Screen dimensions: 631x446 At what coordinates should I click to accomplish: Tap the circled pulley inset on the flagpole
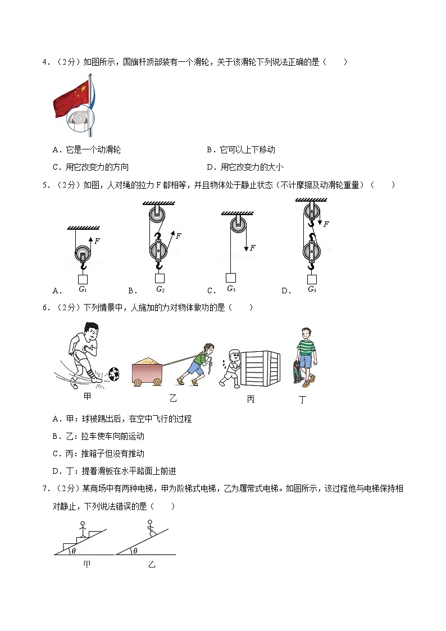coord(81,120)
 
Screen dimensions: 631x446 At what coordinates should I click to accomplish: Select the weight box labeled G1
coord(83,279)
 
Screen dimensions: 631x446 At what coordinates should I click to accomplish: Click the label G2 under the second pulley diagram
coord(160,289)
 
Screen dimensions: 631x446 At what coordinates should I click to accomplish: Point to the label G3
coord(231,289)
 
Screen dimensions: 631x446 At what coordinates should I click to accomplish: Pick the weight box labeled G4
coord(312,279)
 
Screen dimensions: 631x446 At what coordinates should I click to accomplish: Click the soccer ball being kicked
coord(115,374)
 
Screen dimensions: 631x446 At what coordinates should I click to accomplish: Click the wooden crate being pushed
coord(260,369)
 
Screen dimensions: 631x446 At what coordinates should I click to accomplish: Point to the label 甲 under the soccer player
coord(87,397)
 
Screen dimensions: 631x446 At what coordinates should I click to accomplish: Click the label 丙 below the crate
coord(251,400)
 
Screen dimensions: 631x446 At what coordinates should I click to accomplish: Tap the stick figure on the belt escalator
coord(150,526)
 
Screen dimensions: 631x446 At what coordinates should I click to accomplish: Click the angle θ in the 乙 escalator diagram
coord(135,551)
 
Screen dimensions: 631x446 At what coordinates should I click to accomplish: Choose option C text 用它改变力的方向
coord(97,167)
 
